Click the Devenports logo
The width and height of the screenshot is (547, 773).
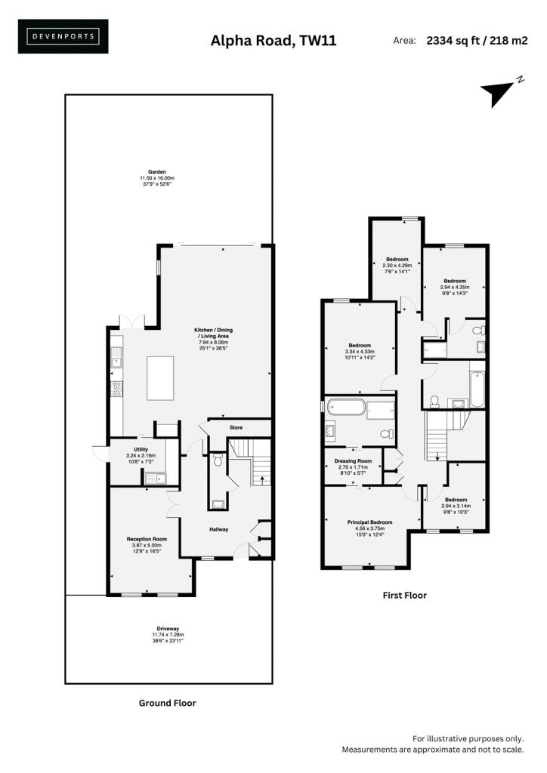pos(63,36)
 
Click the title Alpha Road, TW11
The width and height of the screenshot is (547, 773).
pos(273,41)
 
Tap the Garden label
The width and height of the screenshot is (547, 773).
pos(157,172)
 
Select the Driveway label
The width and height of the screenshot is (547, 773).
pos(168,629)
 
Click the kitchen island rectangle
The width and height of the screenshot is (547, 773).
pos(160,379)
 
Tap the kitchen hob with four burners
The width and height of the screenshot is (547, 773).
pos(116,389)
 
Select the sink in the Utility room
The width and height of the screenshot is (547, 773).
pos(156,478)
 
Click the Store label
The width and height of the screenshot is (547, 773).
pos(236,428)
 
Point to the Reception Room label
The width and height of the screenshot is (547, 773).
pos(147,539)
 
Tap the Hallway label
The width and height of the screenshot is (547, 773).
pos(219,529)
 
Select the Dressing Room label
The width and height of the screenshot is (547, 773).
pos(353,461)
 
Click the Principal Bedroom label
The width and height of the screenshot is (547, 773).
pos(369,522)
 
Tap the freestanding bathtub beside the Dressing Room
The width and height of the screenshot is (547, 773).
pos(346,408)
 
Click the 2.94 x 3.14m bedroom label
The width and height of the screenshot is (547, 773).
pos(456,506)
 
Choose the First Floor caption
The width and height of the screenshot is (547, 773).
pos(404,596)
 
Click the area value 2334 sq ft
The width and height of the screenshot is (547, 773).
pos(453,41)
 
